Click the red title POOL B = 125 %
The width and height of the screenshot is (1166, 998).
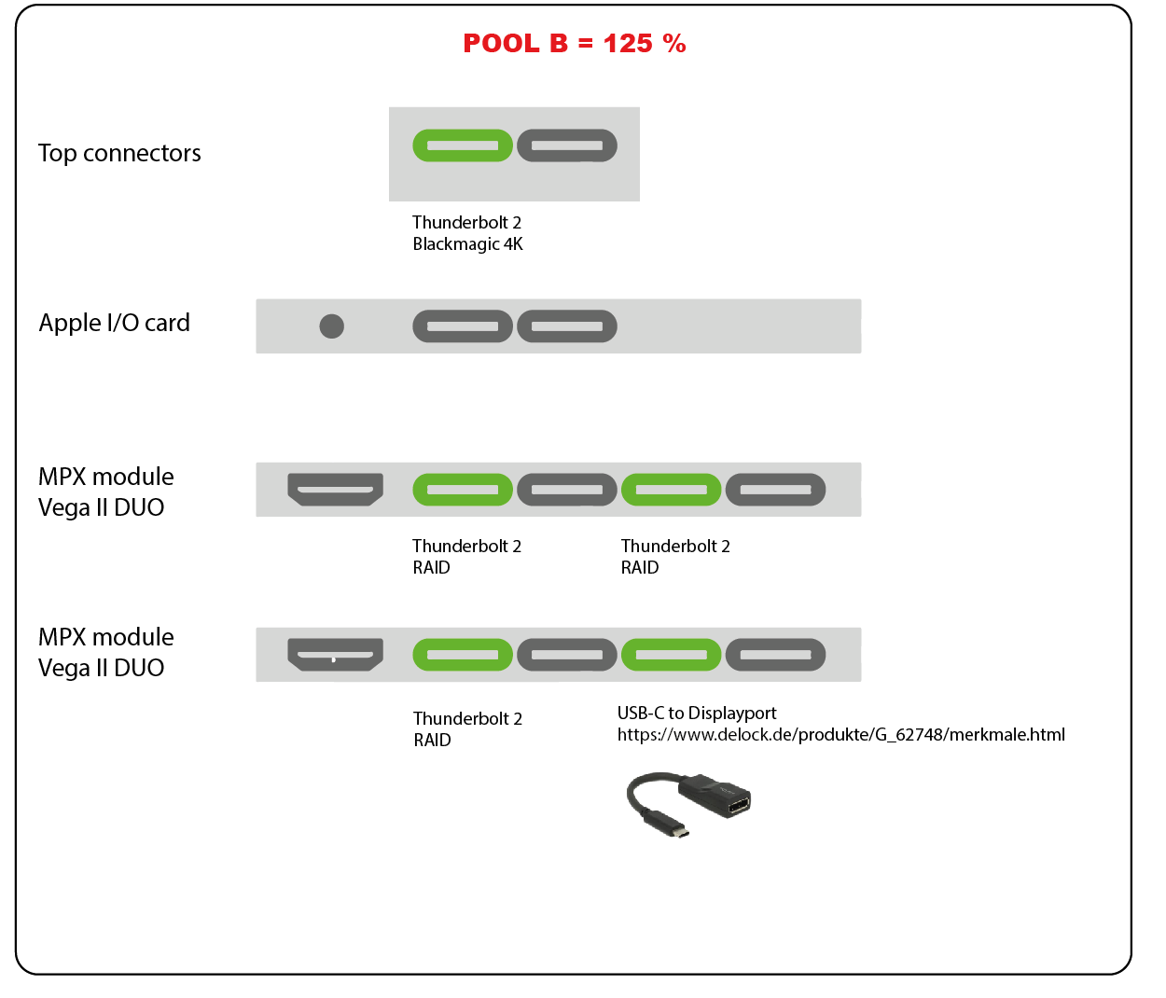[x=574, y=44]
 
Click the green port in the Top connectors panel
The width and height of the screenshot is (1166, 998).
[x=463, y=146]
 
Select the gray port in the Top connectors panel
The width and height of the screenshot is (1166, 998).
[x=567, y=146]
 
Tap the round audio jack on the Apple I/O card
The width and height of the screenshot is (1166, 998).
[x=332, y=326]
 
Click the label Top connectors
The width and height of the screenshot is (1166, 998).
[x=119, y=153]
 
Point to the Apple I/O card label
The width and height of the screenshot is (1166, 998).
[x=114, y=323]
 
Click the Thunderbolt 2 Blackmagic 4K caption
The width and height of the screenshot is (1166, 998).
[x=467, y=233]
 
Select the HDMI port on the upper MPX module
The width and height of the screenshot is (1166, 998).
[x=336, y=489]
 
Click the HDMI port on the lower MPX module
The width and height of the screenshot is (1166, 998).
[x=336, y=654]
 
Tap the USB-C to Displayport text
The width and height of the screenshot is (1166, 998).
[x=697, y=714]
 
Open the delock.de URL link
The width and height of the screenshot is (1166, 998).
[x=840, y=735]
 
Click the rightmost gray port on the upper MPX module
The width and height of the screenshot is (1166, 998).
[x=776, y=490]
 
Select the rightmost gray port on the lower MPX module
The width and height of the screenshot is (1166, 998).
[x=776, y=655]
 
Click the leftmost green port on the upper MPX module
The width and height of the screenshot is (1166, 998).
[x=463, y=490]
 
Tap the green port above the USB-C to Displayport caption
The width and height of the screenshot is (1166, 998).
[x=672, y=655]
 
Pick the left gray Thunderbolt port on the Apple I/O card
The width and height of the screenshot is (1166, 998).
[x=463, y=326]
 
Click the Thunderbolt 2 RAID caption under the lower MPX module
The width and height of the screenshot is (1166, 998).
[x=467, y=729]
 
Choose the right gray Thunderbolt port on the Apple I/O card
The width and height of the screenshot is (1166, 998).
[x=567, y=326]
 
